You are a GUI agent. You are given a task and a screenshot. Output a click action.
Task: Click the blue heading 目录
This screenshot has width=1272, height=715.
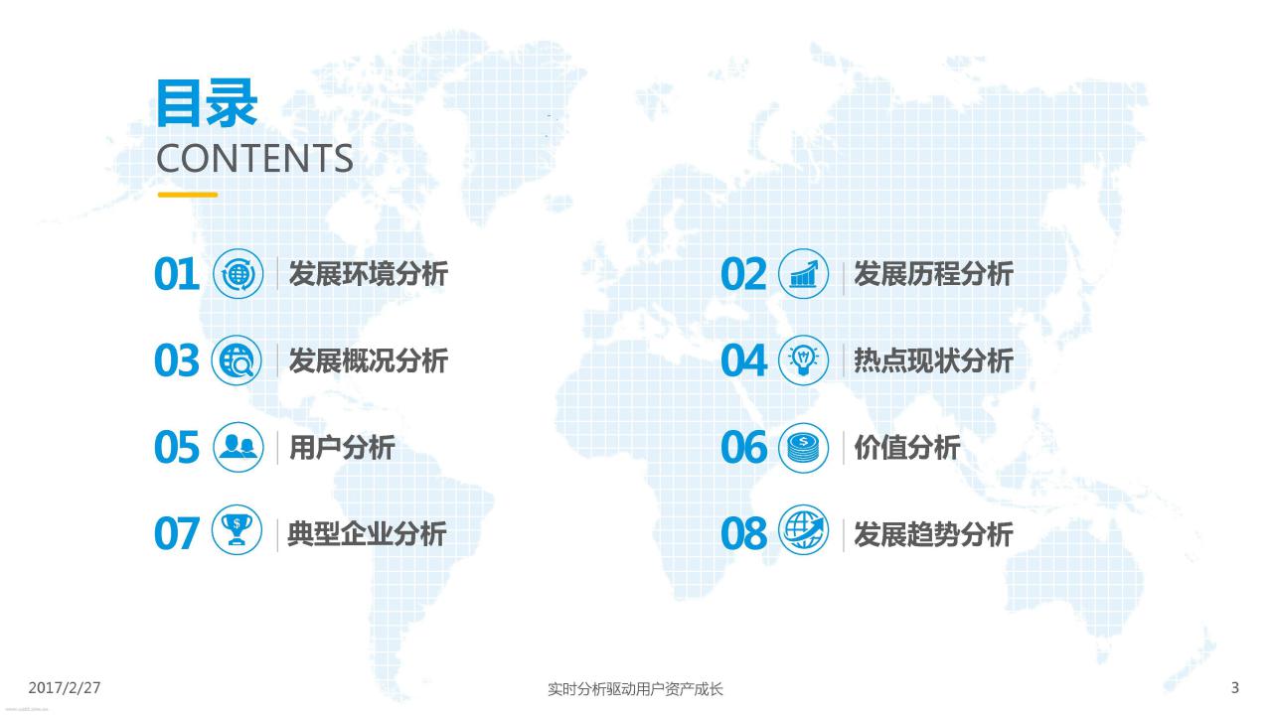tap(207, 103)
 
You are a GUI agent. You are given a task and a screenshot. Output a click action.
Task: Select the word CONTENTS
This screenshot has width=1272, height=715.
tap(255, 158)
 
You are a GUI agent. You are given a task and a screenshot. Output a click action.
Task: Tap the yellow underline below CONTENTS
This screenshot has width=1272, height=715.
tap(188, 195)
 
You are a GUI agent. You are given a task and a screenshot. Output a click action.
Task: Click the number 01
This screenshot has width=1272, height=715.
tap(177, 274)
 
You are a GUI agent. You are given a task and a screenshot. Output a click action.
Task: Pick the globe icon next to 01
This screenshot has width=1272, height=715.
tap(238, 274)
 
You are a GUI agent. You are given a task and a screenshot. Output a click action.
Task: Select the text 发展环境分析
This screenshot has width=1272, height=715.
tap(369, 274)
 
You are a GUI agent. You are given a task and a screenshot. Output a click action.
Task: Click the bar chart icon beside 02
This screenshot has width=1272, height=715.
tap(804, 274)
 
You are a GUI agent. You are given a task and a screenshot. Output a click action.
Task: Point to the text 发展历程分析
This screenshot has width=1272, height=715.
tap(934, 274)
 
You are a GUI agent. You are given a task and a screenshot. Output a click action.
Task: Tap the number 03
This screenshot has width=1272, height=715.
tap(177, 360)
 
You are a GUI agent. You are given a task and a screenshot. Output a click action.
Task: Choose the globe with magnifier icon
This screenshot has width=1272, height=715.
tap(237, 360)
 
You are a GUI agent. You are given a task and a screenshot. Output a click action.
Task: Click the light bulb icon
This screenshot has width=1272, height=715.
tap(804, 360)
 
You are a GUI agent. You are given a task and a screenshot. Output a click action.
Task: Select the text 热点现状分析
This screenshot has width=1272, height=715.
tap(934, 360)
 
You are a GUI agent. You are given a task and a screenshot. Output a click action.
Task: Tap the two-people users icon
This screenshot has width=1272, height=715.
tap(238, 447)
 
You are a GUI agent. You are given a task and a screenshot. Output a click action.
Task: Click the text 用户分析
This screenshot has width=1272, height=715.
tap(342, 447)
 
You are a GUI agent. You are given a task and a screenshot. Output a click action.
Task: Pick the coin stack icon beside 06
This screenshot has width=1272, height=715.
tap(804, 448)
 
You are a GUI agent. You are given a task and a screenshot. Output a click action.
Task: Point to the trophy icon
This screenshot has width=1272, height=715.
tap(237, 530)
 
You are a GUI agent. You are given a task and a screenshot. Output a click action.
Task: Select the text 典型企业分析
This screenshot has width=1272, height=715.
tap(368, 534)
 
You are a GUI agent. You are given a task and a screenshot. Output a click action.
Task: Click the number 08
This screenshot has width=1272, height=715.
tap(744, 534)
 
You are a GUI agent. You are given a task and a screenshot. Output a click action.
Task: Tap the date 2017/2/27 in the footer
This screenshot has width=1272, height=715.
tap(65, 688)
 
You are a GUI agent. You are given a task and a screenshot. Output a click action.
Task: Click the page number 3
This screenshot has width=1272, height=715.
tap(1235, 688)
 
